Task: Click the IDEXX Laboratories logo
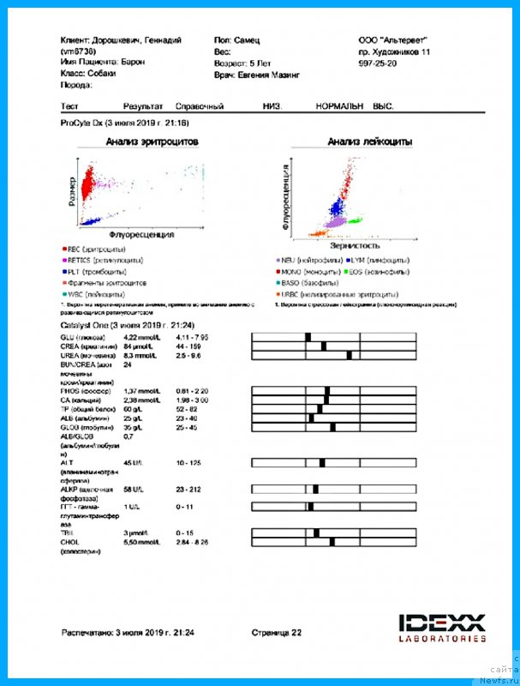442,627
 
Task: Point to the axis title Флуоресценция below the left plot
142,233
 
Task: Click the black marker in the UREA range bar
349,355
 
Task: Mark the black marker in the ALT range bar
321,463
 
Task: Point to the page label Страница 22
276,632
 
